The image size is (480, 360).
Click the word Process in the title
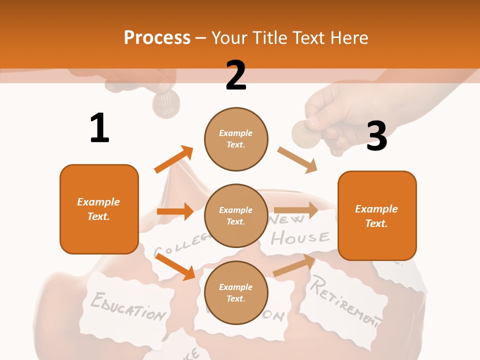click(x=157, y=38)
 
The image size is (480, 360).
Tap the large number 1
click(x=99, y=128)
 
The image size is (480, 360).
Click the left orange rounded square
click(x=99, y=209)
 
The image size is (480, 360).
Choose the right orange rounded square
click(x=377, y=215)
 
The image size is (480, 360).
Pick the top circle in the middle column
click(x=236, y=139)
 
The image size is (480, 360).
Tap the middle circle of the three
click(x=236, y=215)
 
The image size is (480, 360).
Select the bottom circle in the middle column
click(x=236, y=292)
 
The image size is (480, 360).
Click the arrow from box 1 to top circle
click(x=173, y=159)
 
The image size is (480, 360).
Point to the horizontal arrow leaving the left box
click(x=175, y=211)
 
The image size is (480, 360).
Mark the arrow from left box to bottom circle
click(x=175, y=266)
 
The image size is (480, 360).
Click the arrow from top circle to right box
click(x=297, y=159)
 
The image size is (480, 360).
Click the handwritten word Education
click(x=127, y=305)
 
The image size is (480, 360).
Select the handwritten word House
click(x=300, y=238)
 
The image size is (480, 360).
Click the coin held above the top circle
click(x=166, y=105)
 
